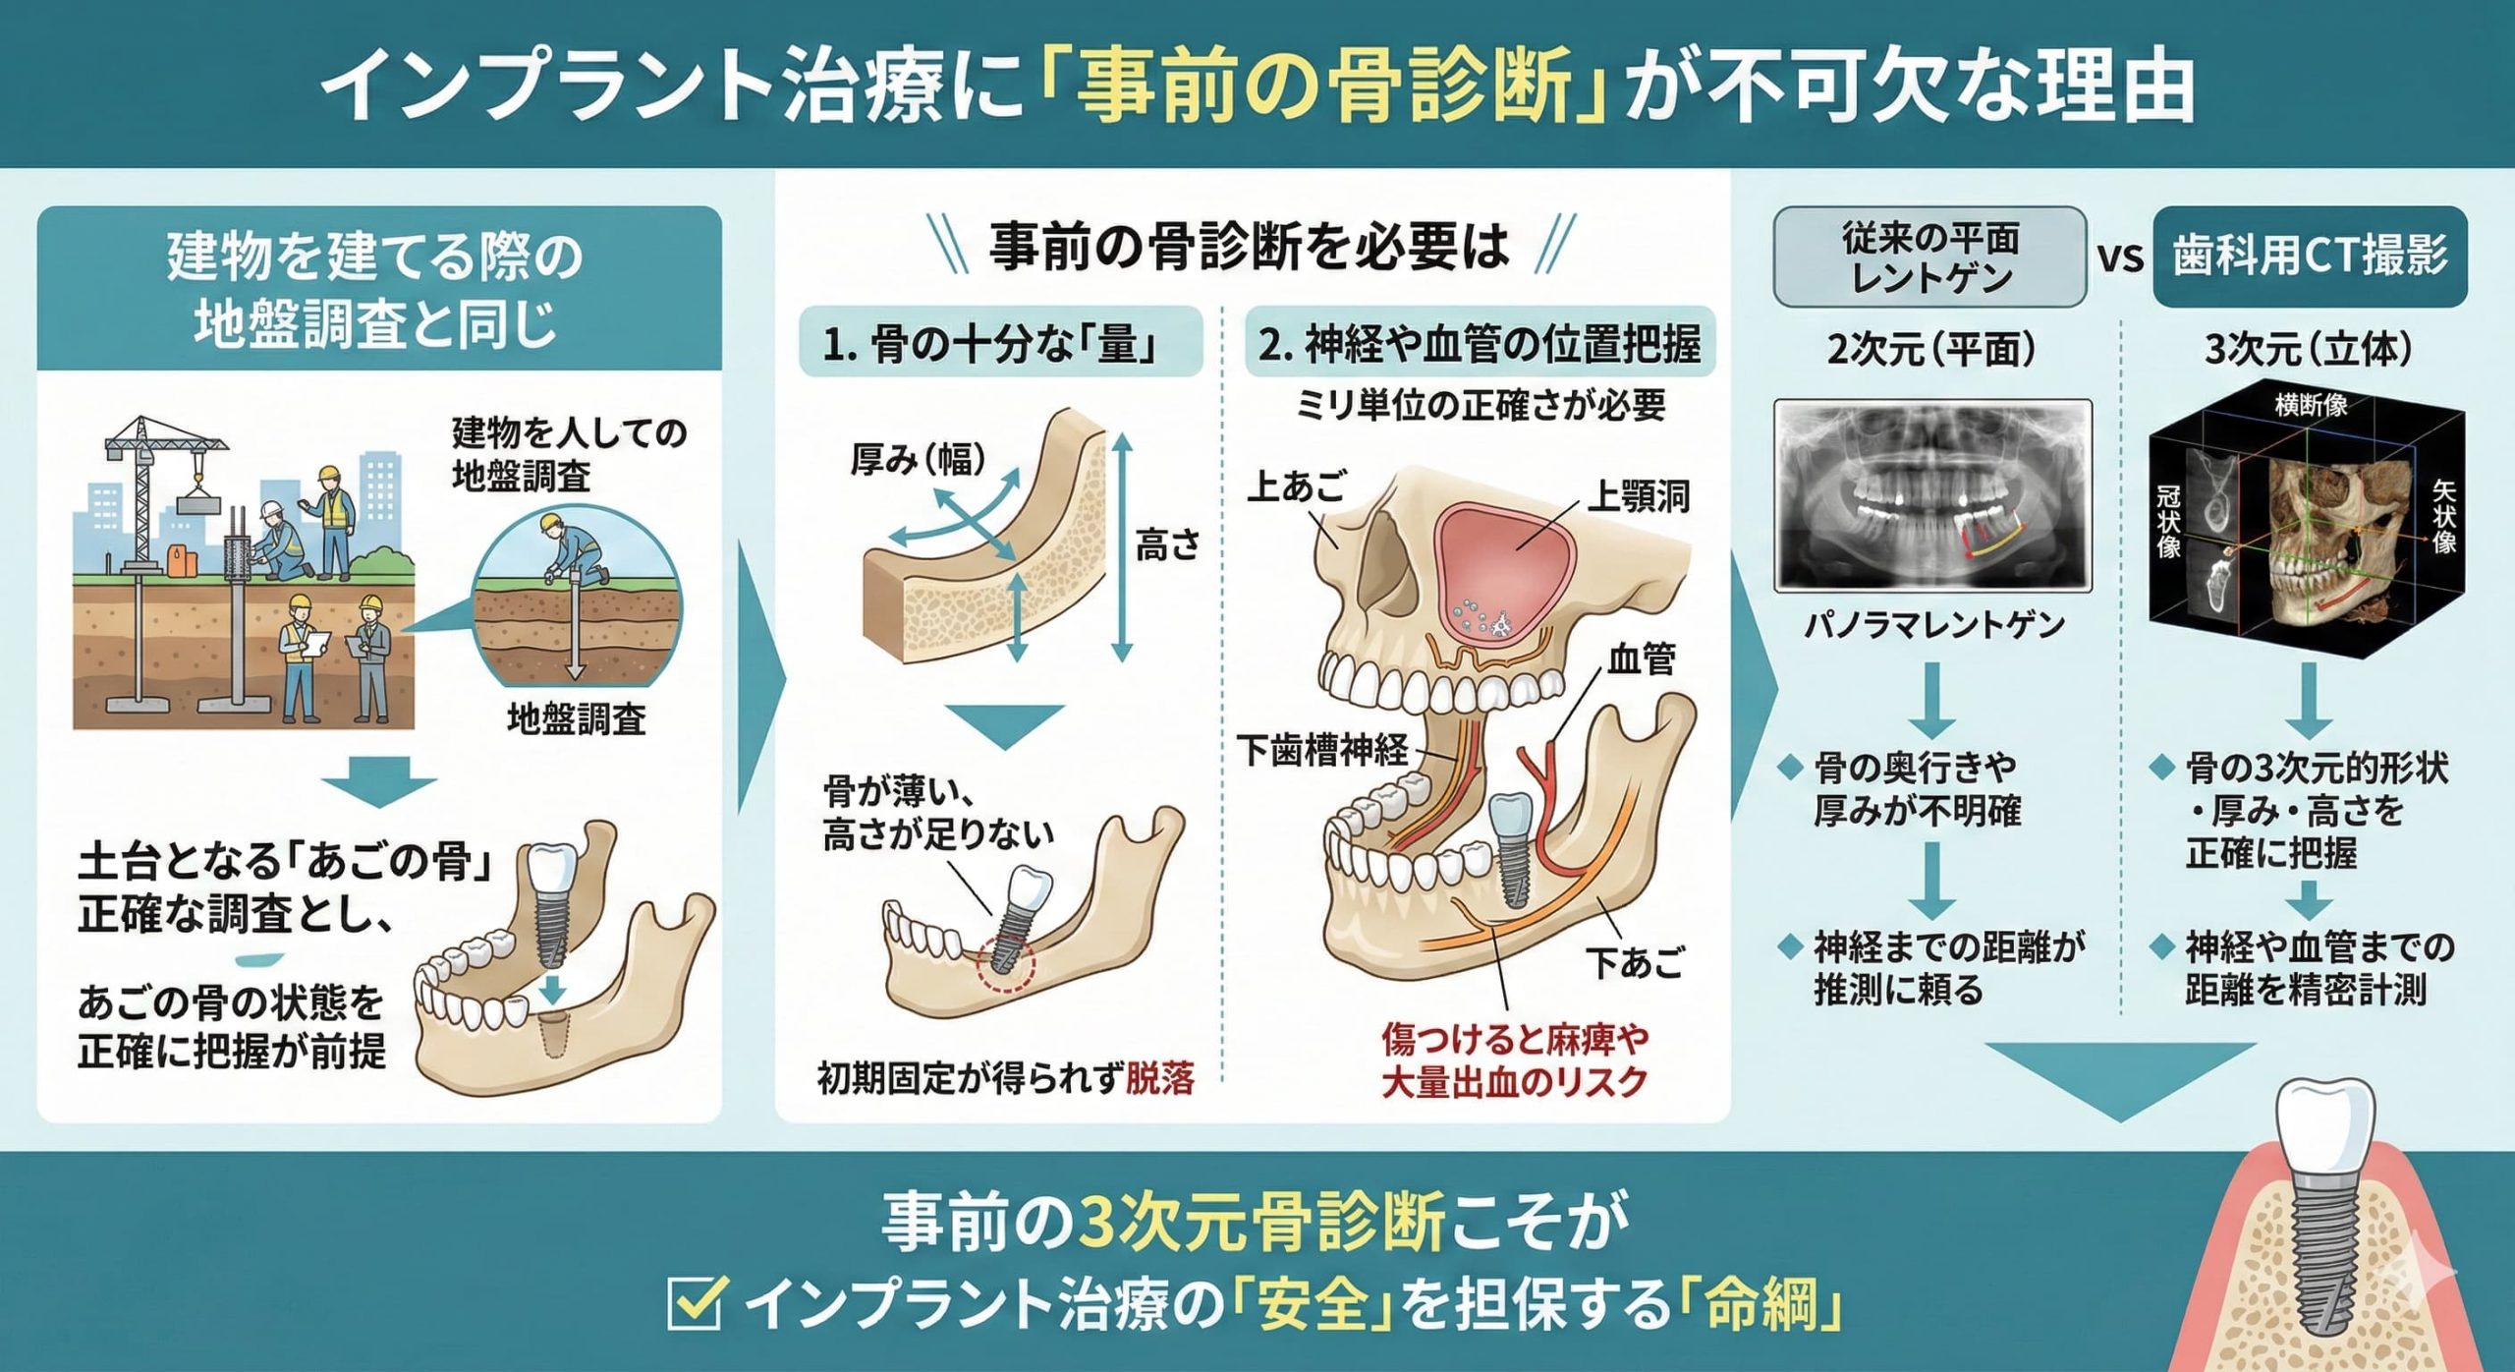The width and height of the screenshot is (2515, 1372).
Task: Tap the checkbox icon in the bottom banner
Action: [697, 1304]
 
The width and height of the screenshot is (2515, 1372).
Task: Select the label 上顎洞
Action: [1638, 496]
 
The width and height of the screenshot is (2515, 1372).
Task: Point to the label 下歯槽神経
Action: [1321, 751]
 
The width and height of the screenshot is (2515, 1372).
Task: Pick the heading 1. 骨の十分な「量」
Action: [1000, 343]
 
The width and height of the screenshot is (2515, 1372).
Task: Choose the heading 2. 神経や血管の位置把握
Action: [1480, 343]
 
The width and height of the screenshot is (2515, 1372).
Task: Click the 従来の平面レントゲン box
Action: [1929, 257]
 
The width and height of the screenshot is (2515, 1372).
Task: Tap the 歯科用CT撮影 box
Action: [2309, 257]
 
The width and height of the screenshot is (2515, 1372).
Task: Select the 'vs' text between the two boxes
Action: [2120, 258]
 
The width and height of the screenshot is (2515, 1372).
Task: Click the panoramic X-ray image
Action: [1932, 494]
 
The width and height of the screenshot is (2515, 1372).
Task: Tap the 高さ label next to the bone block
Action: [1167, 544]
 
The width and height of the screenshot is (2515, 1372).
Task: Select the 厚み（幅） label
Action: [918, 459]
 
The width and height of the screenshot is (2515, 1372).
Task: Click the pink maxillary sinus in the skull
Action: [1503, 565]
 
